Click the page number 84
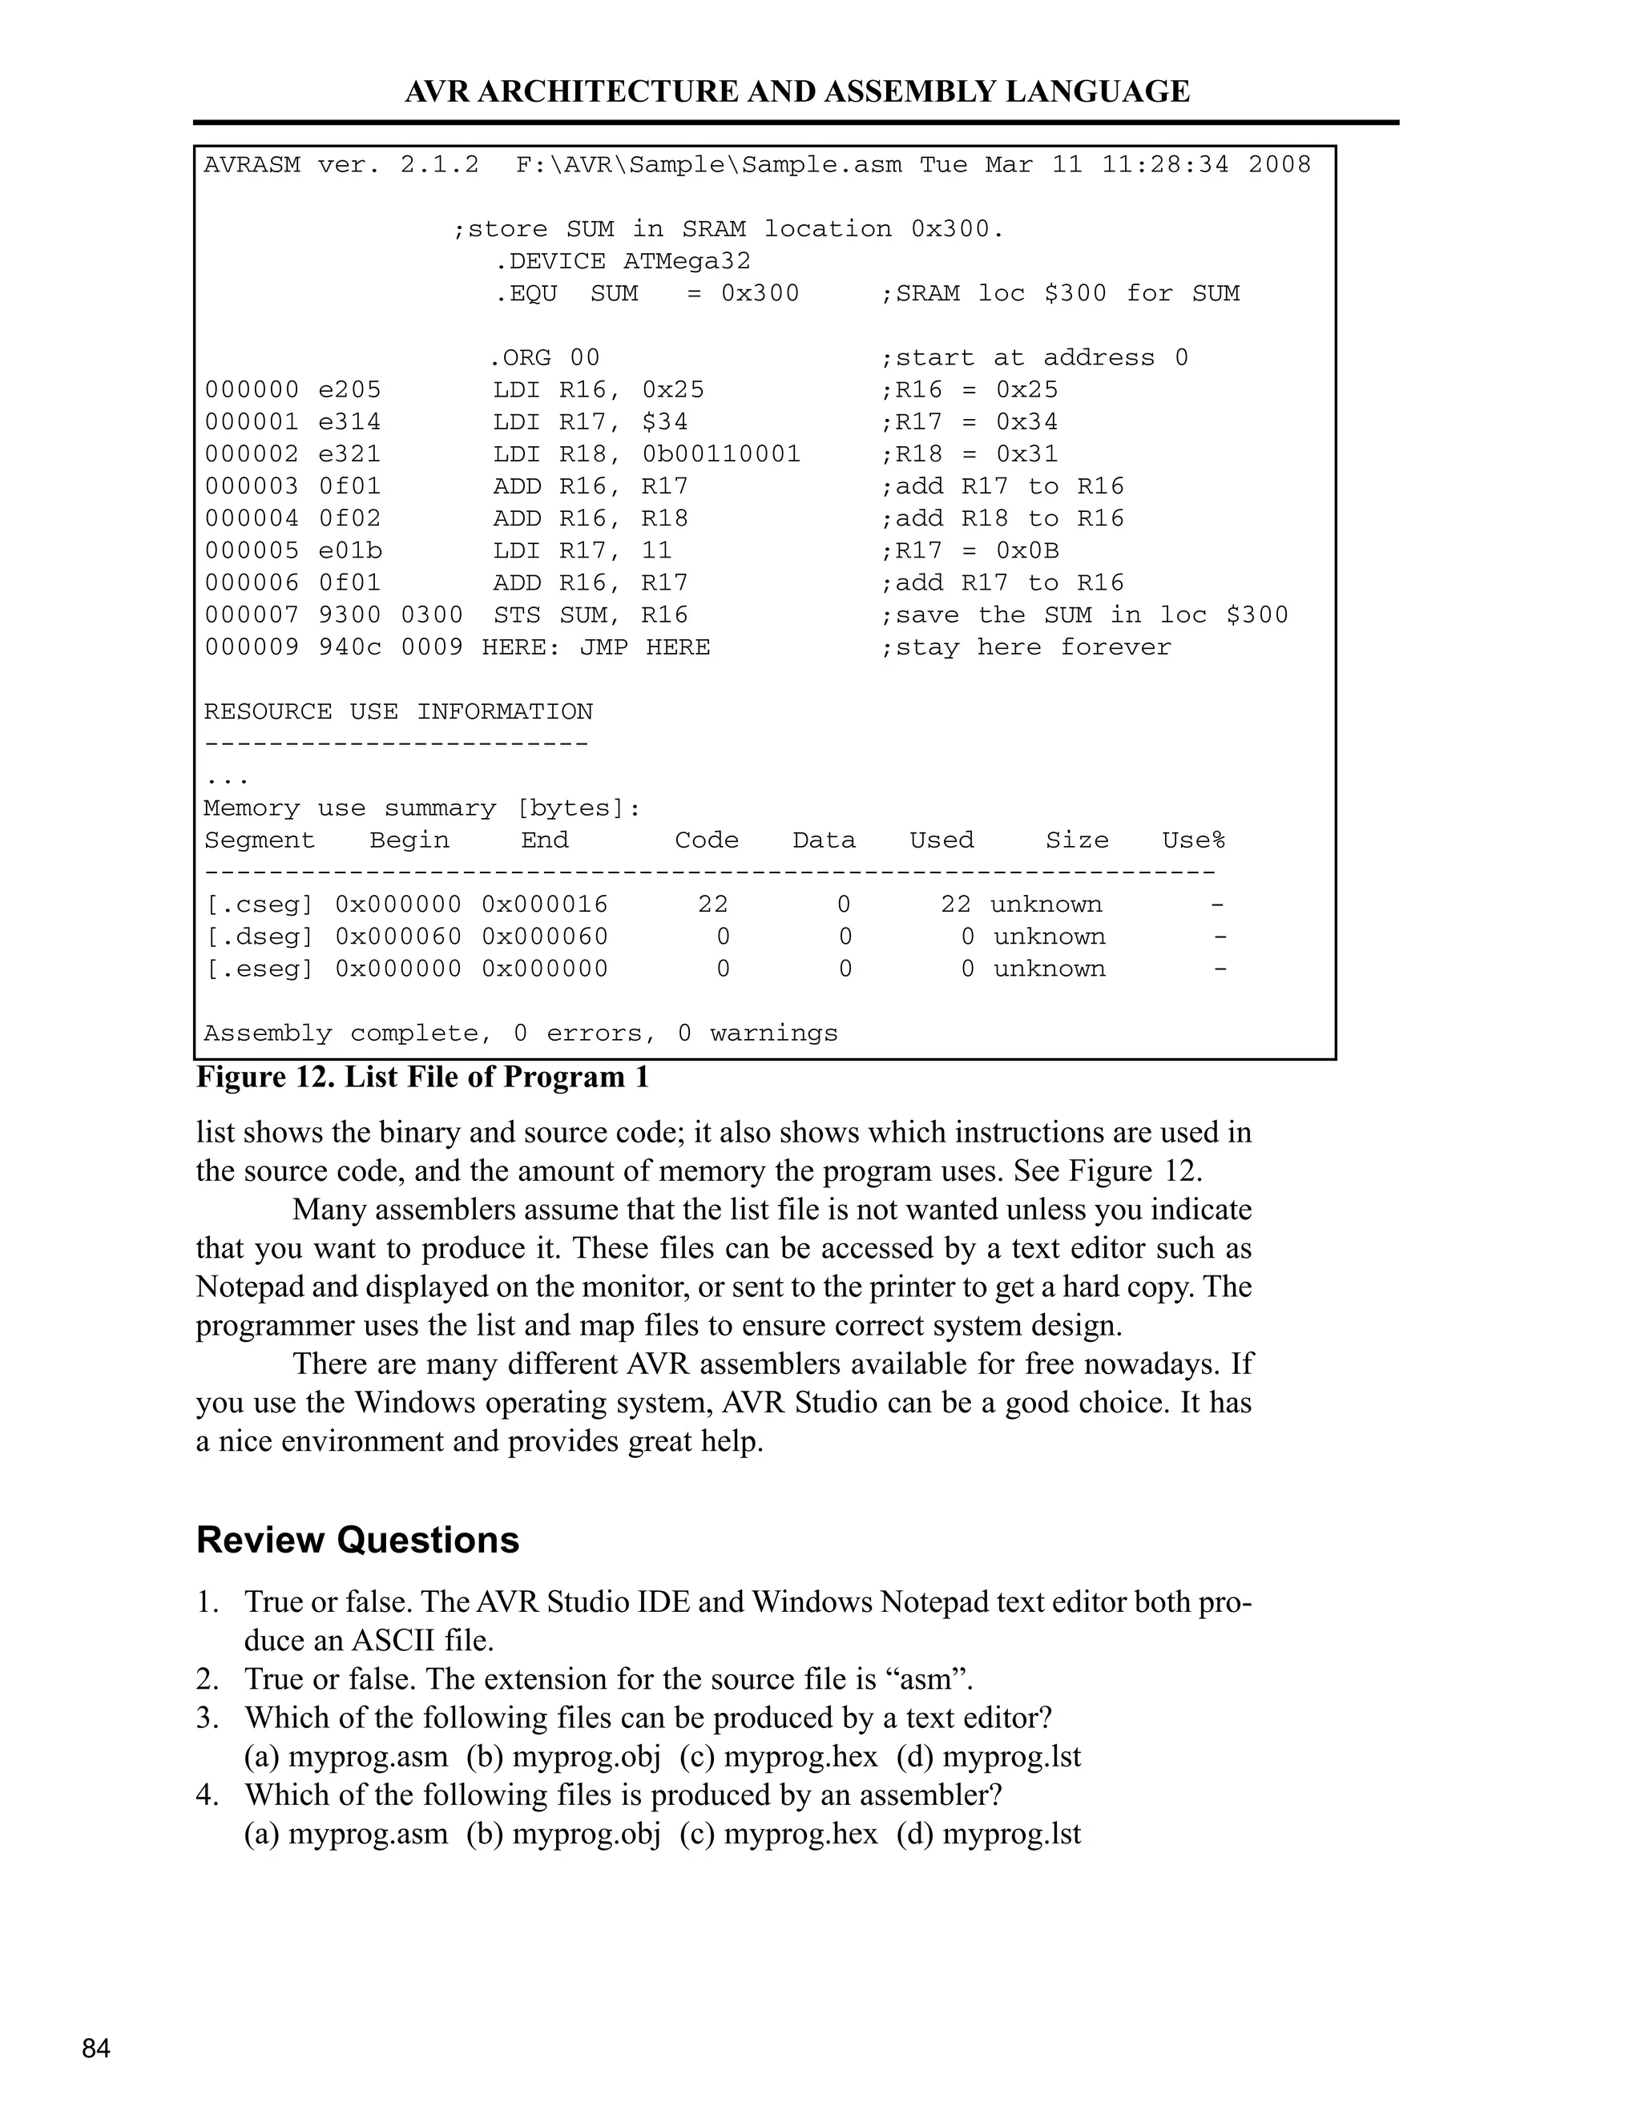[96, 2049]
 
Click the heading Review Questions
[357, 1541]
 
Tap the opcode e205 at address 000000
[350, 390]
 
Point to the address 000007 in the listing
[252, 615]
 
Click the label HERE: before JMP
[521, 647]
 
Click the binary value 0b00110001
[721, 454]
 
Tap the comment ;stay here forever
[1026, 647]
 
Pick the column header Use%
[1193, 841]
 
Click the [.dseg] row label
[259, 937]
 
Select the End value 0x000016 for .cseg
[544, 905]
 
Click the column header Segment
[260, 841]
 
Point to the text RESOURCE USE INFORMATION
[397, 711]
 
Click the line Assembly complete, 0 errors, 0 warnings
[520, 1033]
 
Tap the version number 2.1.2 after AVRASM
[439, 165]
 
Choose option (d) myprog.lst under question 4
[988, 1835]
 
